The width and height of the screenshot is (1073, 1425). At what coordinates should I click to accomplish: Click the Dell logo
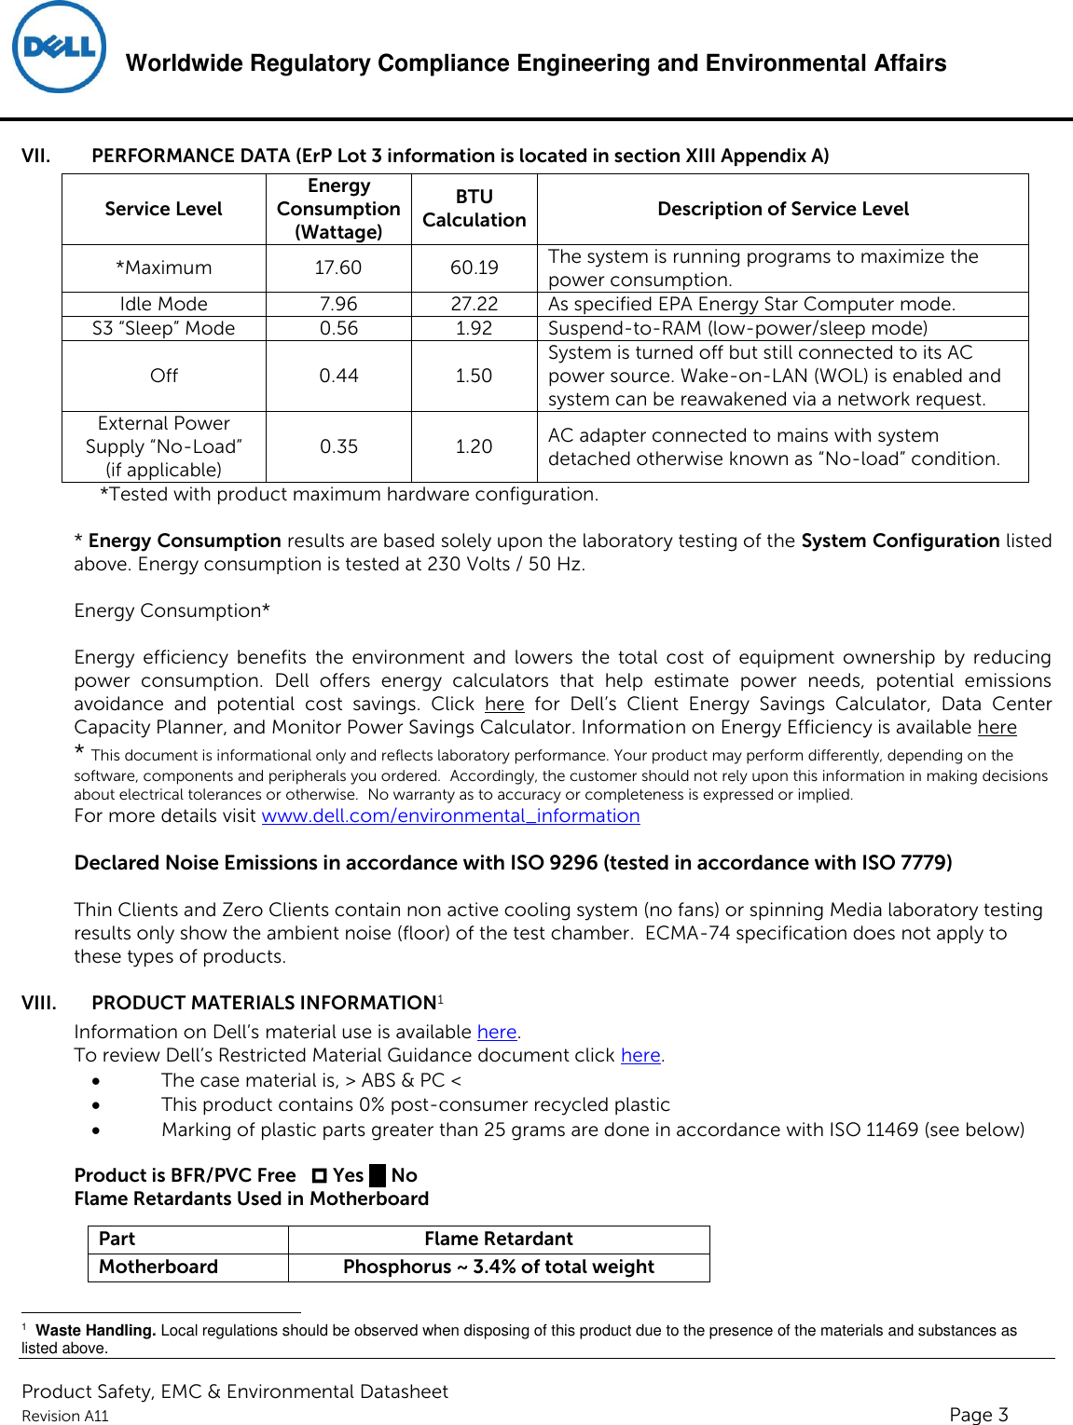point(59,48)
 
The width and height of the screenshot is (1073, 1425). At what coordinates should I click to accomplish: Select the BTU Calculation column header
point(474,209)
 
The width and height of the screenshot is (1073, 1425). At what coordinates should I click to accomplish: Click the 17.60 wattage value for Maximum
point(337,268)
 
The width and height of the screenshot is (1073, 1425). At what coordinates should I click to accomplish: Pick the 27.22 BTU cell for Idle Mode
point(474,304)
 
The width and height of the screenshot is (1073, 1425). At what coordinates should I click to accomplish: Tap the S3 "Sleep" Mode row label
point(163,328)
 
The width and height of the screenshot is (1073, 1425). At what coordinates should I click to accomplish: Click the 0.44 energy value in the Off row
point(337,376)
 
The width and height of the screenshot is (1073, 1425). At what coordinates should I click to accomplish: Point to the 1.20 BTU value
point(474,446)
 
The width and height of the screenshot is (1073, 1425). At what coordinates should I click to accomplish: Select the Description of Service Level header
point(782,209)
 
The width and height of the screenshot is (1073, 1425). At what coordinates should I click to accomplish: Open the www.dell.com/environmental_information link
point(450,816)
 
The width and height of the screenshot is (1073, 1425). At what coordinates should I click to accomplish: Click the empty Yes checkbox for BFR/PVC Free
point(320,1176)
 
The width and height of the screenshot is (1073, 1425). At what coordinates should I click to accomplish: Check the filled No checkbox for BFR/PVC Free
point(378,1176)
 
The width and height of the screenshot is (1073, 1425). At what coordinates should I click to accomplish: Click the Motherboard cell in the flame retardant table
point(158,1267)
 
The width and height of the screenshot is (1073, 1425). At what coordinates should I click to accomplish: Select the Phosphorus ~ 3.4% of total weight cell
point(498,1267)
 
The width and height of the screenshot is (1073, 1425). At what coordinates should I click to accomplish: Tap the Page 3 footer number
point(978,1415)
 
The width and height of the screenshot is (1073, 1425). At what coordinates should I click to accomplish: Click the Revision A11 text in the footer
point(65,1417)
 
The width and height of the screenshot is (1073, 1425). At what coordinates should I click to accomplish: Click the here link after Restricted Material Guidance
point(640,1056)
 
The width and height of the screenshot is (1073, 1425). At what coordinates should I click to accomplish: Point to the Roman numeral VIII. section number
point(39,1004)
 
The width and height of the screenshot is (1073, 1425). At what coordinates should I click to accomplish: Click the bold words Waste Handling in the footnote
point(95,1331)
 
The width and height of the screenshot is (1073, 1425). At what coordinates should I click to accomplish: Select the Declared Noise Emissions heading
point(513,863)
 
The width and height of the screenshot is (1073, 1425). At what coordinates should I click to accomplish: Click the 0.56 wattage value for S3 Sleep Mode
point(337,328)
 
